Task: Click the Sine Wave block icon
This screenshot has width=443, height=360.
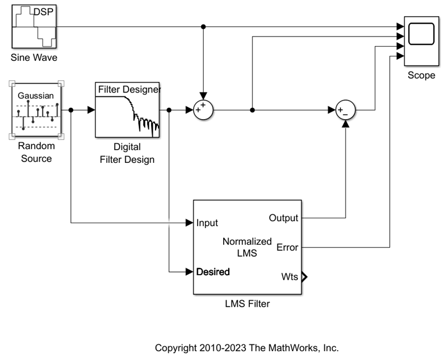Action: click(34, 27)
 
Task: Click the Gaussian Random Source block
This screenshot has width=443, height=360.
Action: click(35, 110)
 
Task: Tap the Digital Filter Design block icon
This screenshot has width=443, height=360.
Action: click(127, 110)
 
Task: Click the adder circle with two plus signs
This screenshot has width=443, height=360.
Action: click(203, 110)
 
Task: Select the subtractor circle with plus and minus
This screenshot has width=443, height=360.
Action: click(346, 110)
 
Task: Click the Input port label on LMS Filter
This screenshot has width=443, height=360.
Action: click(207, 223)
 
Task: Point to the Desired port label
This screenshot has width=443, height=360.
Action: click(213, 272)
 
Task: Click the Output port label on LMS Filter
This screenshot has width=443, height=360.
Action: click(284, 218)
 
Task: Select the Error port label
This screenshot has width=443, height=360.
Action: click(287, 247)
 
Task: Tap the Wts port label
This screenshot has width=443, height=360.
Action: click(289, 277)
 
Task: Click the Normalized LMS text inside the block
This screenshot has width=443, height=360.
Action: click(247, 247)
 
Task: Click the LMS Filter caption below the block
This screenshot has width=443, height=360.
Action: click(247, 304)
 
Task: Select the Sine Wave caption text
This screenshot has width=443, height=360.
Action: click(34, 58)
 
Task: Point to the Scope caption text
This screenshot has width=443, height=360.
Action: click(421, 75)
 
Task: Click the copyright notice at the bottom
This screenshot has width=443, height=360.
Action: click(246, 348)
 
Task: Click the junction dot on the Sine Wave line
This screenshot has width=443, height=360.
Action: click(203, 27)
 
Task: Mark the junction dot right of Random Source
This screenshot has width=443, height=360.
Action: click(71, 110)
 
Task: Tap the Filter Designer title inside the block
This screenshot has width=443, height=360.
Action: click(129, 89)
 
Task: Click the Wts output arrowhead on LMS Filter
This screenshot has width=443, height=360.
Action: click(304, 277)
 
